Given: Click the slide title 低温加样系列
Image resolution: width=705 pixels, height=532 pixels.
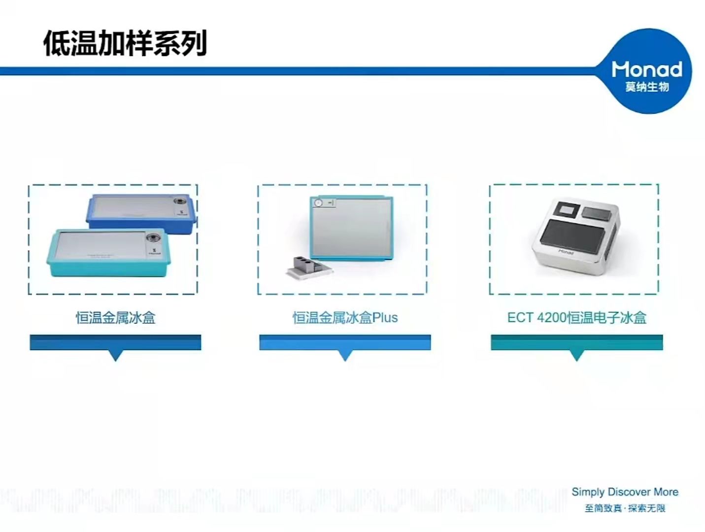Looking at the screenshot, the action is coord(125,43).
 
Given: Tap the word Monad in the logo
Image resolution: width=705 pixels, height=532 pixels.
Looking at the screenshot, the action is coord(647,69).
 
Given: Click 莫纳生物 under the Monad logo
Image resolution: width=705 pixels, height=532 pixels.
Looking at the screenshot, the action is coord(647,87).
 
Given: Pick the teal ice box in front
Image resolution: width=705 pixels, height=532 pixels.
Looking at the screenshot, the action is coord(108,252).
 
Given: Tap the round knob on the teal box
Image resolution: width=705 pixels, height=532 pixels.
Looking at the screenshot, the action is coord(152,237).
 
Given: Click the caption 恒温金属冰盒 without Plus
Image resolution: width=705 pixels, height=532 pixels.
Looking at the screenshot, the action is coord(116,318).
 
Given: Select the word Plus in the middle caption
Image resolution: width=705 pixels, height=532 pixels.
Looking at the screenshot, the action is coord(385,318).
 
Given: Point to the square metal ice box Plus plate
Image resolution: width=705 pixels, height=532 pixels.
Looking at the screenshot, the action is coord(352,228).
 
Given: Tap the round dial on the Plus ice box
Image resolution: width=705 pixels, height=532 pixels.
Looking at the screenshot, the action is coord(318,203).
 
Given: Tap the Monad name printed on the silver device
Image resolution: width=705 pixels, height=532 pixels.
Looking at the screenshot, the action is coord(566,252).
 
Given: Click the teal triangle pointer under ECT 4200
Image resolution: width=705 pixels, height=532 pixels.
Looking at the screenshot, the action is coord(577,356).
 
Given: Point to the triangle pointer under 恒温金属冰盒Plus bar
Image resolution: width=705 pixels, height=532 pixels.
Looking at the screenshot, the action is coord(345,356).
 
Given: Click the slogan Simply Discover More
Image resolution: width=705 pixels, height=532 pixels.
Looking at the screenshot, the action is coord(625,492).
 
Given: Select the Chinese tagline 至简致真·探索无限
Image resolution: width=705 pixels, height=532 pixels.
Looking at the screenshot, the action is coord(625,508).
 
